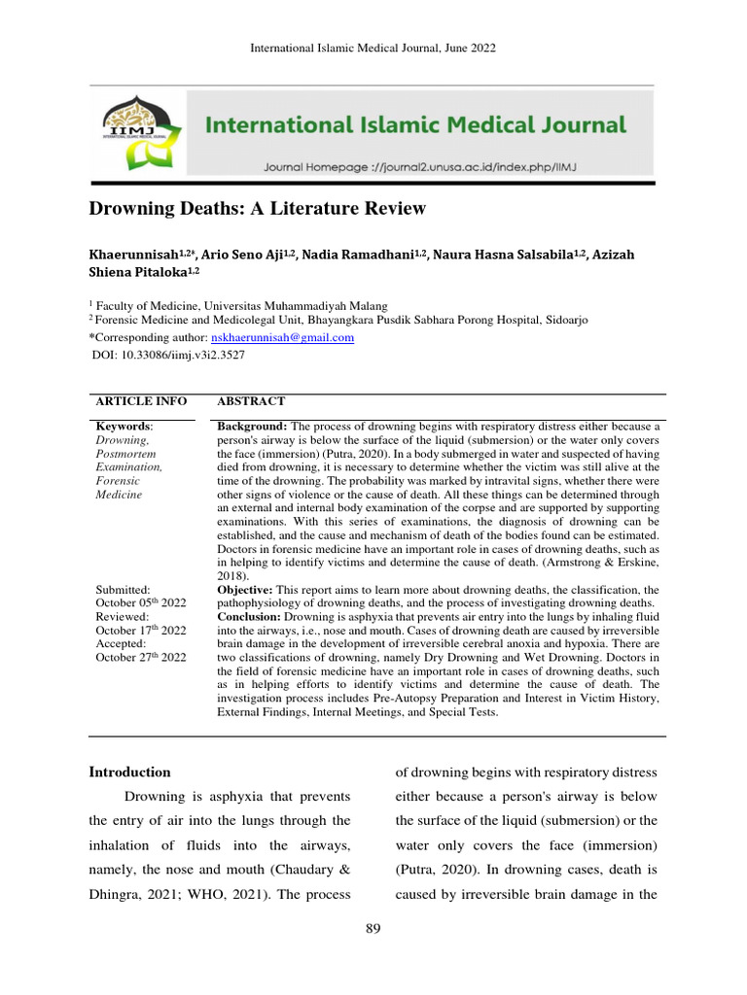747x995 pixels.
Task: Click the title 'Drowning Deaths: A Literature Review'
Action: [258, 208]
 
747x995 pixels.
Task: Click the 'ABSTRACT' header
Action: [250, 401]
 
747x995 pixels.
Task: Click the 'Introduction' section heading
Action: [129, 772]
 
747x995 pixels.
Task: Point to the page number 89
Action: [373, 929]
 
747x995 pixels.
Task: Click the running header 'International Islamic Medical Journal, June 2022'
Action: [373, 48]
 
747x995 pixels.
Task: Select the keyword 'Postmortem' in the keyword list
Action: [127, 454]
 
